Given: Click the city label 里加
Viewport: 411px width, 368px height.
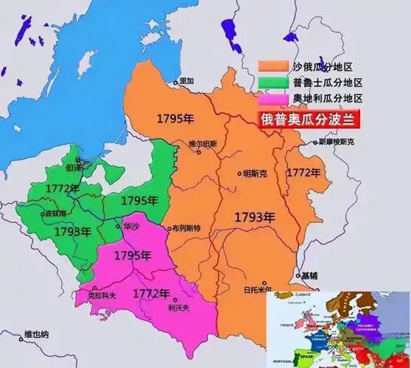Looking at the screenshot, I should (x=186, y=80).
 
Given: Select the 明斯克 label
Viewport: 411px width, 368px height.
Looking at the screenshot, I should (x=255, y=174).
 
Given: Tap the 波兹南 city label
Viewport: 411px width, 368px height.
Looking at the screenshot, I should (x=60, y=213).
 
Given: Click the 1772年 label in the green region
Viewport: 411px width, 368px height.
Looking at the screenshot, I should (x=61, y=189).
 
